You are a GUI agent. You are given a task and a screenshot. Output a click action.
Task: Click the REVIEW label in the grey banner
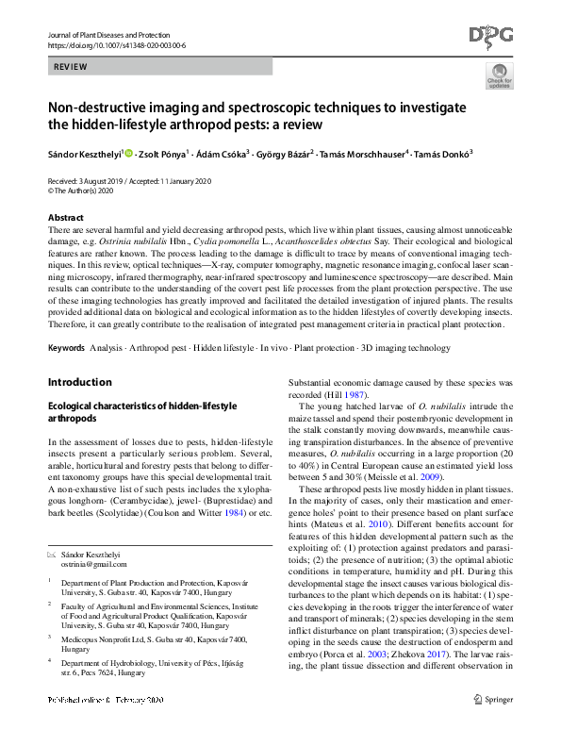pos(71,68)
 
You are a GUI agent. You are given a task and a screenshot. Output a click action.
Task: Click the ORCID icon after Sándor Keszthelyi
pos(129,154)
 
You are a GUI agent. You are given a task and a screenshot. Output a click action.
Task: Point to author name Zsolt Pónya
pos(163,154)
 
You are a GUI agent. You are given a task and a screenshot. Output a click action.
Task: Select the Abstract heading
pos(65,218)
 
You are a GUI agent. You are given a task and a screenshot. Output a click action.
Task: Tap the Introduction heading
pos(79,382)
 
